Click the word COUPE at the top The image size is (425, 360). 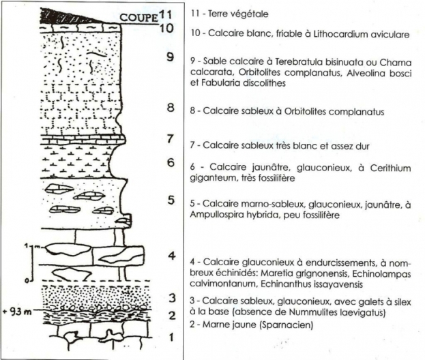tap(138, 17)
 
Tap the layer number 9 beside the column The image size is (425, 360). tap(171, 57)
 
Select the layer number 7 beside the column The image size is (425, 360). tap(170, 138)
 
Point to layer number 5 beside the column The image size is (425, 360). tap(171, 200)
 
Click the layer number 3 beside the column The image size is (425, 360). tap(172, 298)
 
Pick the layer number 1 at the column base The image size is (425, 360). tap(171, 337)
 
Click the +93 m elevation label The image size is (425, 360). tap(17, 312)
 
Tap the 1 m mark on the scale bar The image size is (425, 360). tap(32, 246)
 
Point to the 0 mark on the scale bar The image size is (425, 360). tap(27, 281)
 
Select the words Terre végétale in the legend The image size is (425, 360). tap(238, 14)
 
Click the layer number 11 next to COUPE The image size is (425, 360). tap(165, 14)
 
